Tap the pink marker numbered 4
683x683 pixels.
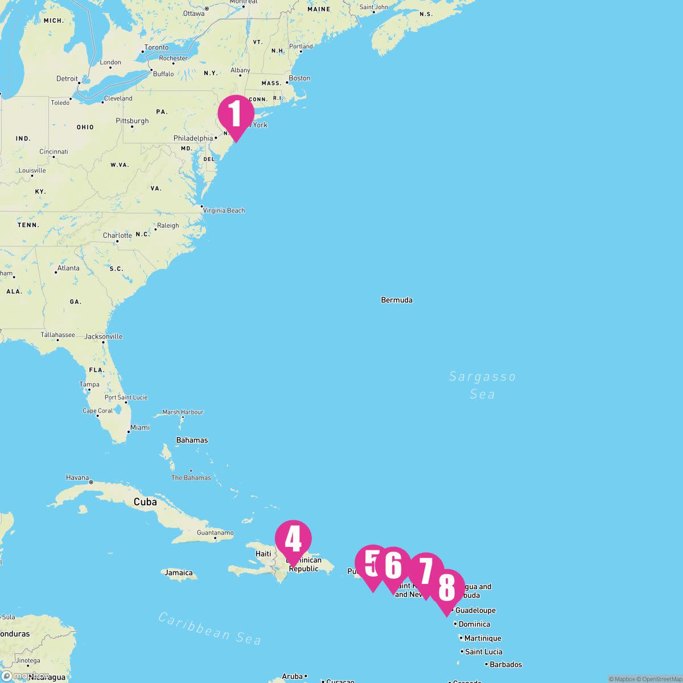pyautogui.click(x=293, y=539)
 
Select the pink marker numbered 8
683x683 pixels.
pyautogui.click(x=447, y=588)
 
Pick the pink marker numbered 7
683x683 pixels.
pyautogui.click(x=426, y=571)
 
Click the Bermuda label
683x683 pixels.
pyautogui.click(x=397, y=300)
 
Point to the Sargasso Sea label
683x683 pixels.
pyautogui.click(x=482, y=385)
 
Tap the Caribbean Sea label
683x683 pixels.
pyautogui.click(x=209, y=628)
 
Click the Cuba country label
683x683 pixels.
pyautogui.click(x=145, y=502)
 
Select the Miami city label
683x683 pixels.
pyautogui.click(x=140, y=427)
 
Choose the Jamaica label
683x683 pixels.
pyautogui.click(x=178, y=573)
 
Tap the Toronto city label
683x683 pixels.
pyautogui.click(x=157, y=47)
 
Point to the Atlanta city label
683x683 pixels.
pyautogui.click(x=68, y=268)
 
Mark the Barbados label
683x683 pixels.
pyautogui.click(x=505, y=664)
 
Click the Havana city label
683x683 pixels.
pyautogui.click(x=77, y=478)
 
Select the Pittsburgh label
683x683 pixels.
pyautogui.click(x=132, y=121)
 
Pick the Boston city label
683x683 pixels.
pyautogui.click(x=299, y=78)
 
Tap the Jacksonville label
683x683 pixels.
pyautogui.click(x=104, y=336)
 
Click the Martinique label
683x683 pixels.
pyautogui.click(x=483, y=638)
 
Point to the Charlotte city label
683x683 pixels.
pyautogui.click(x=117, y=236)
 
